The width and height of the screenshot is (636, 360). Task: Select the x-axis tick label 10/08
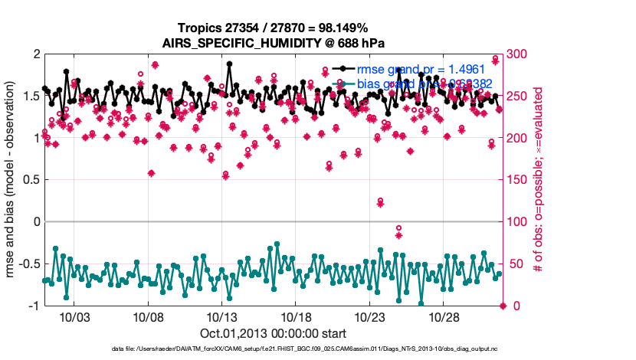tap(146, 316)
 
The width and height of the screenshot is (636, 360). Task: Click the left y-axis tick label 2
tap(35, 54)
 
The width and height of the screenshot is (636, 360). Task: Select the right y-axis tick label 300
tap(520, 54)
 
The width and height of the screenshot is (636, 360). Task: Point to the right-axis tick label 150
tap(520, 180)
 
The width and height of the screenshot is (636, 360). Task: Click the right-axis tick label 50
tap(517, 264)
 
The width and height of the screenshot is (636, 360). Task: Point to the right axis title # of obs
tap(539, 180)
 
